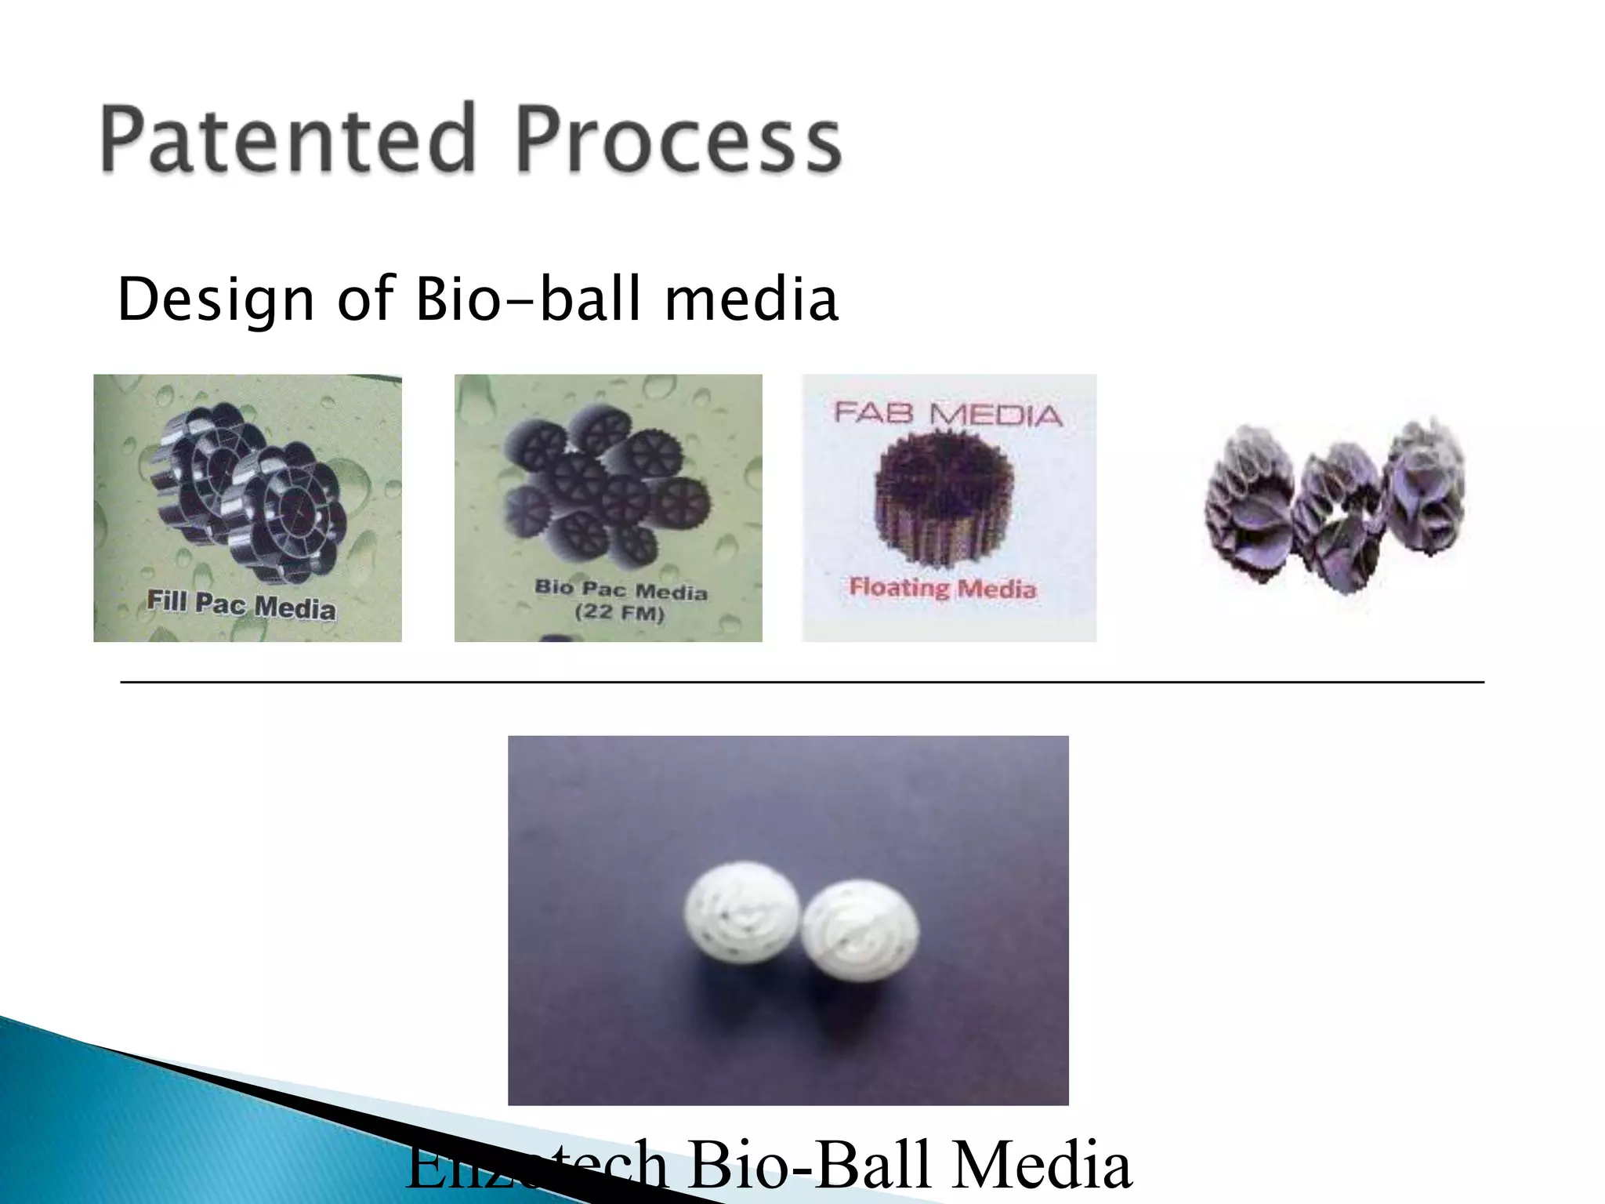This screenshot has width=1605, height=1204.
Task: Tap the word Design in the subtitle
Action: pyautogui.click(x=216, y=300)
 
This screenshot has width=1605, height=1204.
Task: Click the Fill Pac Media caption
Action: pyautogui.click(x=241, y=604)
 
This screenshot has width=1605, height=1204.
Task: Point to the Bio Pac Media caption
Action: pyautogui.click(x=621, y=589)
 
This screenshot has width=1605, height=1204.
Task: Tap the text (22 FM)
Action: pyautogui.click(x=619, y=612)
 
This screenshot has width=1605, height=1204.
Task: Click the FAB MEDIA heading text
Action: pyautogui.click(x=948, y=413)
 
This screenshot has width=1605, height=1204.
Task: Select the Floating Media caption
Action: pyautogui.click(x=943, y=587)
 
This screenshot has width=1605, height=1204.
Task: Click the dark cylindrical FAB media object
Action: pyautogui.click(x=944, y=498)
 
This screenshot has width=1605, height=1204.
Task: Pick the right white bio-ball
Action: pyautogui.click(x=860, y=930)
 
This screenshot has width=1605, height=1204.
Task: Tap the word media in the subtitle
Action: pyautogui.click(x=751, y=300)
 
